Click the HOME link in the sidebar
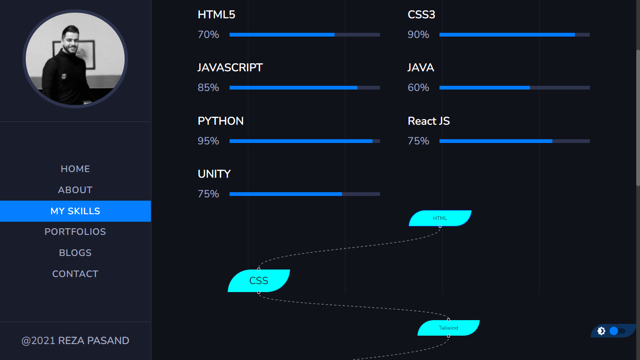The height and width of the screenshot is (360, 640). click(75, 169)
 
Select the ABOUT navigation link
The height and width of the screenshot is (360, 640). click(75, 190)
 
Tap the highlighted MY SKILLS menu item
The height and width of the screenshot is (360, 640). click(75, 211)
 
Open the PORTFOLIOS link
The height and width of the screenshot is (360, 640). click(75, 232)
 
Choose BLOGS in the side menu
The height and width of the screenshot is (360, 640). click(75, 253)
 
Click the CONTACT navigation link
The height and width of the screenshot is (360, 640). click(75, 274)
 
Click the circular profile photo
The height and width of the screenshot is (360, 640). click(75, 59)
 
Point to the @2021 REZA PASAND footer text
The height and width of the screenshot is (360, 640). click(75, 341)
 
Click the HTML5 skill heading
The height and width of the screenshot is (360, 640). click(216, 15)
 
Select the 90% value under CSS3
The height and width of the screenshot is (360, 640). click(418, 35)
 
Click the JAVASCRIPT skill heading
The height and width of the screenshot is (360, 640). click(230, 68)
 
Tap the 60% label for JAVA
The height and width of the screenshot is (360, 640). click(418, 88)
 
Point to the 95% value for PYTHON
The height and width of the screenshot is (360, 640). click(208, 141)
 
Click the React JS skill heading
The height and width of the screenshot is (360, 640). click(429, 121)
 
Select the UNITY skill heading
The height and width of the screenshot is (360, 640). click(214, 174)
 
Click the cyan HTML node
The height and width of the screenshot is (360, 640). click(440, 218)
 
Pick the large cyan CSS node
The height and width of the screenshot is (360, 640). click(259, 281)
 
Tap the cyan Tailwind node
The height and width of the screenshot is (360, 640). click(448, 328)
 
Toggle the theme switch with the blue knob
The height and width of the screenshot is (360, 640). click(617, 331)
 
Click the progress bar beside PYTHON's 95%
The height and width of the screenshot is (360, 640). click(305, 141)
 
